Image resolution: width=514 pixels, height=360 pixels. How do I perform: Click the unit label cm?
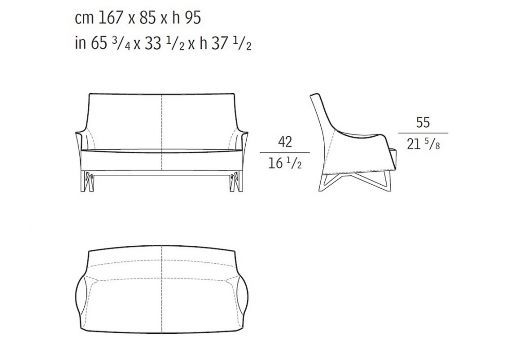pos(84,19)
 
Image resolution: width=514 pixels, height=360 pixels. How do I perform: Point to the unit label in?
pos(80,43)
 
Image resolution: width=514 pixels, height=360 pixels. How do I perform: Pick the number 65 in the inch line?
pos(99,43)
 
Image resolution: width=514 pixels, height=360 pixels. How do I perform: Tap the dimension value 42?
pos(285,141)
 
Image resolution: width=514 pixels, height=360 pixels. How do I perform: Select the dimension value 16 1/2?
pos(285,163)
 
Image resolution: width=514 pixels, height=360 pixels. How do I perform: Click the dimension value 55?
pos(423,122)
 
